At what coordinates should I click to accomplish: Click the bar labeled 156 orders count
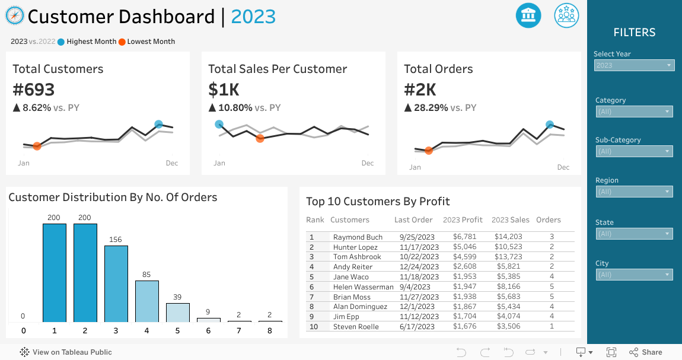pyautogui.click(x=116, y=283)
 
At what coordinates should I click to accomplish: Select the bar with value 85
pyautogui.click(x=147, y=301)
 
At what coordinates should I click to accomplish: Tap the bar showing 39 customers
pyautogui.click(x=178, y=313)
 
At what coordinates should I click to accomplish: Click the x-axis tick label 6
pyautogui.click(x=208, y=331)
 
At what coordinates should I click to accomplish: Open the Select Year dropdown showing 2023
pyautogui.click(x=634, y=65)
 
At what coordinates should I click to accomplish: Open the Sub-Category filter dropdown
pyautogui.click(x=634, y=151)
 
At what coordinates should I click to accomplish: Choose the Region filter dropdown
pyautogui.click(x=634, y=192)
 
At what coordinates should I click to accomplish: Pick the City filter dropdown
pyautogui.click(x=634, y=275)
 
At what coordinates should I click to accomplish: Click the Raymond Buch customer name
pyautogui.click(x=358, y=237)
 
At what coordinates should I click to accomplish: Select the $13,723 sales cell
pyautogui.click(x=508, y=257)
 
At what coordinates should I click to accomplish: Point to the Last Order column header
pyautogui.click(x=413, y=220)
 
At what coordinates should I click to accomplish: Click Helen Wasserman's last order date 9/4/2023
pyautogui.click(x=416, y=287)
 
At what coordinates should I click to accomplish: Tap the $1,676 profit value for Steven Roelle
pyautogui.click(x=464, y=327)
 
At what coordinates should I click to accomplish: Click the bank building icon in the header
pyautogui.click(x=528, y=15)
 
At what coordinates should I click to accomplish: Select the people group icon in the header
pyautogui.click(x=566, y=15)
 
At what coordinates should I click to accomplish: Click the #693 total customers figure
pyautogui.click(x=34, y=90)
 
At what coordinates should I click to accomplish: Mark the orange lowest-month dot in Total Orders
pyautogui.click(x=429, y=151)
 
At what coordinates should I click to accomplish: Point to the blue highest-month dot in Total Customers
pyautogui.click(x=158, y=125)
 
